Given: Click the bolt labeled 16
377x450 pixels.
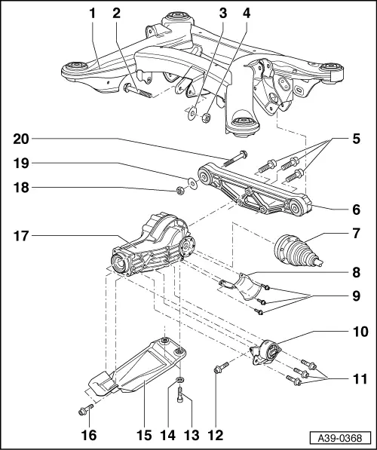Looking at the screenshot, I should (x=84, y=410).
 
